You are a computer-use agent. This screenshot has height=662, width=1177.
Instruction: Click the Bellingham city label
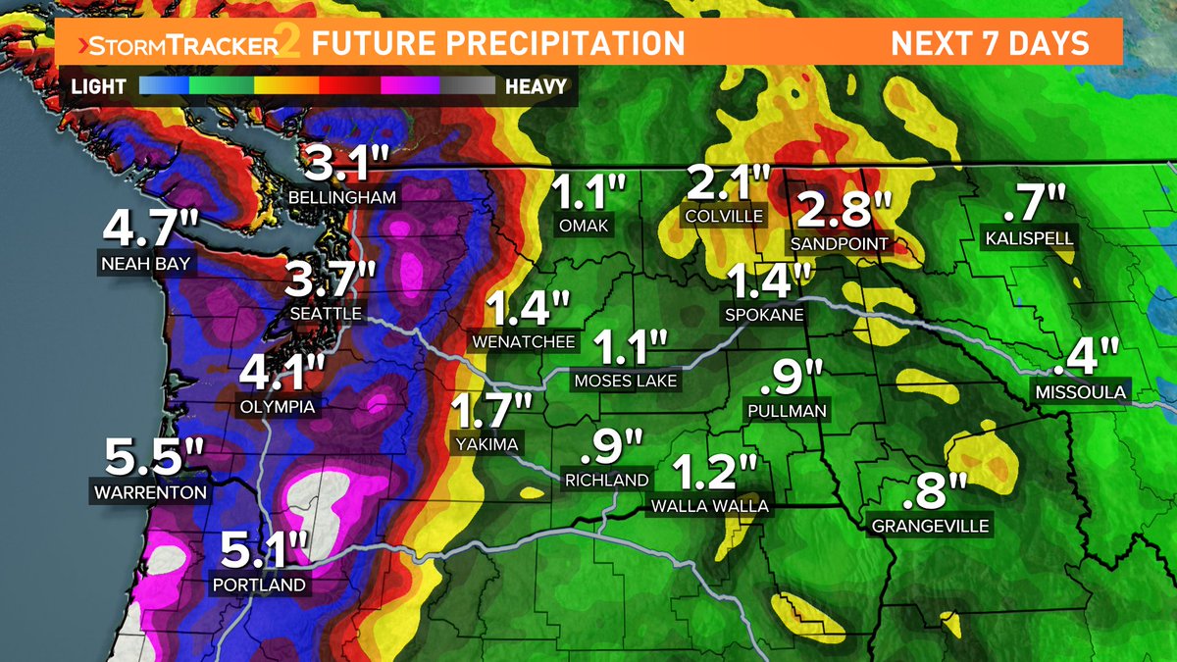(x=342, y=197)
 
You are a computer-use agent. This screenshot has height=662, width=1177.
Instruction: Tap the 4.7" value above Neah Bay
(x=151, y=229)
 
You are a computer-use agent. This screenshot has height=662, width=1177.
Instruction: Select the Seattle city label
(x=327, y=314)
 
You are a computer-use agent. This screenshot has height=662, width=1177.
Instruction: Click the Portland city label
(x=259, y=586)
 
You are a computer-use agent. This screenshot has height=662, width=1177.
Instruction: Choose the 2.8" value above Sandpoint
(x=844, y=210)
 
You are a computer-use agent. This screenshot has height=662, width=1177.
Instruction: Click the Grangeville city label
(x=931, y=526)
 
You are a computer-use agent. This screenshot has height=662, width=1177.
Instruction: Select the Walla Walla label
(x=710, y=506)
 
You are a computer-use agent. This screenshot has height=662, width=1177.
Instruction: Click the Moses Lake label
(x=626, y=381)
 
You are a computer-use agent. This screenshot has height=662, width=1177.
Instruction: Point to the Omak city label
(x=585, y=227)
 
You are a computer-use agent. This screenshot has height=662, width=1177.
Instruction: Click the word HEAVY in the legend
(x=536, y=86)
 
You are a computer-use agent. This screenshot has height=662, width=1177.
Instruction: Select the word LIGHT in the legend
(x=98, y=86)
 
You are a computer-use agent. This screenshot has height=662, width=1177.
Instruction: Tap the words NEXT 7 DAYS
(x=990, y=44)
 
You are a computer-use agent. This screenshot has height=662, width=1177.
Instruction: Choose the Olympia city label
(x=278, y=406)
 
